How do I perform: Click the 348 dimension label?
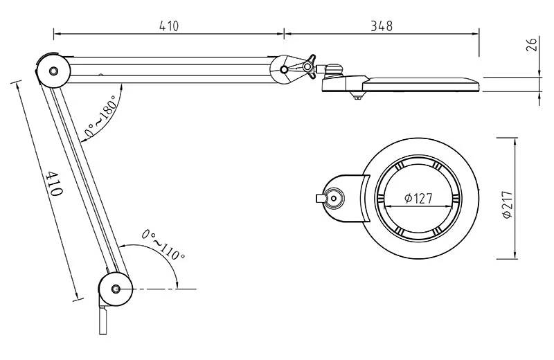[x=382, y=26]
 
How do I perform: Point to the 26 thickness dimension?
[x=532, y=44]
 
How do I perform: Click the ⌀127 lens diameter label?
[x=418, y=198]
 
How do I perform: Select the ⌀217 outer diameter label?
[x=507, y=204]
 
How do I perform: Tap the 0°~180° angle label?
[x=101, y=116]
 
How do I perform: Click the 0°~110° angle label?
[x=163, y=244]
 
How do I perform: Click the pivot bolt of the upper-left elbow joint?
[x=54, y=71]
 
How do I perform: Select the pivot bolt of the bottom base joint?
[x=115, y=289]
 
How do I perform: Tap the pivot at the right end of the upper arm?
[x=284, y=70]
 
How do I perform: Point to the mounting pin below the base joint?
[x=102, y=321]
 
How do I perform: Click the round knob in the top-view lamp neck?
[x=333, y=198]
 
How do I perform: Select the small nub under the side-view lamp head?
[x=357, y=97]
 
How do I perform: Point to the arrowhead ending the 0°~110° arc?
[x=177, y=285]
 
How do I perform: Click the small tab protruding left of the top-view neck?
[x=320, y=198]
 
